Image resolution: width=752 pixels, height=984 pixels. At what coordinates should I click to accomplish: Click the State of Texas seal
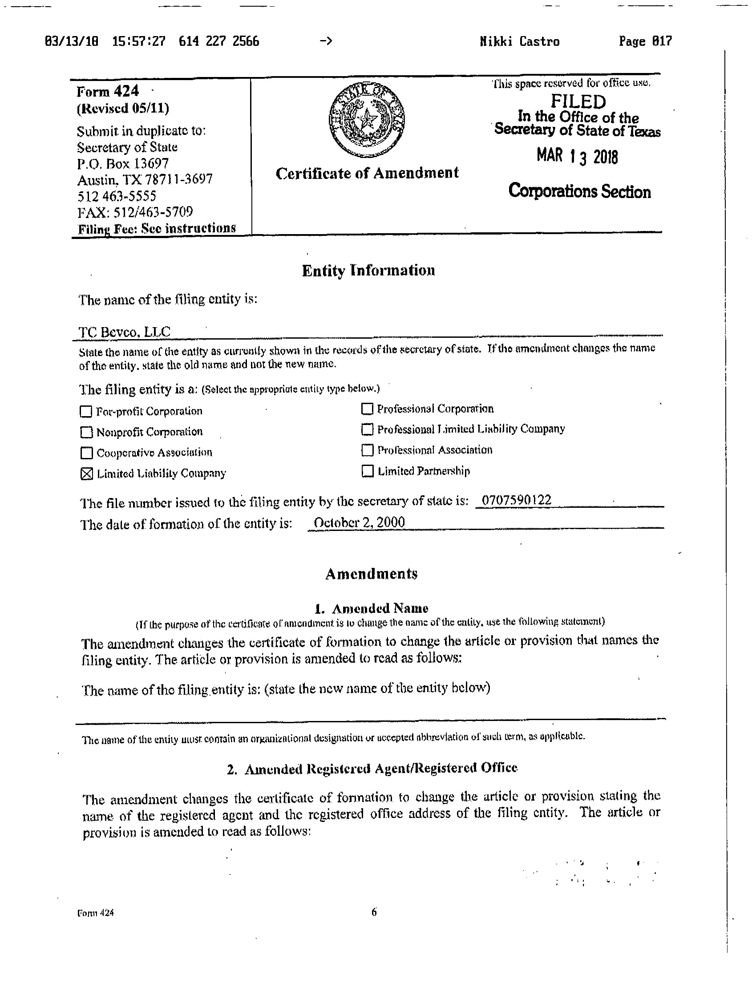pos(367,120)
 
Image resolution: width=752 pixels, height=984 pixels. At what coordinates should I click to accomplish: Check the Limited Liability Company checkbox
pos(86,474)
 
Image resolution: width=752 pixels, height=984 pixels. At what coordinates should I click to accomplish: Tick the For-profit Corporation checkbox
pos(85,411)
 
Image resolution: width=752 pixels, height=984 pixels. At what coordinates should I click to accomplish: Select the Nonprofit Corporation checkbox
pos(86,432)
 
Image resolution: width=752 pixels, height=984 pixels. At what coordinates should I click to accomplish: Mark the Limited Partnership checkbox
pos(368,471)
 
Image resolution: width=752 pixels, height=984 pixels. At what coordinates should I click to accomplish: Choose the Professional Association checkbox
pos(367,450)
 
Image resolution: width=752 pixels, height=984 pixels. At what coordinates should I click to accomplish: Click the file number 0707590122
pos(514,500)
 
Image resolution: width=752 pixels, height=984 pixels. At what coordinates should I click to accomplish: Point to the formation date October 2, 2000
pos(360,522)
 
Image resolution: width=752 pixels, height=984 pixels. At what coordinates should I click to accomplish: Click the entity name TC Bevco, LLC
pos(125,332)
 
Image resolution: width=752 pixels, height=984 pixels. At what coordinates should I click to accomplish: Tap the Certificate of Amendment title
pos(367,173)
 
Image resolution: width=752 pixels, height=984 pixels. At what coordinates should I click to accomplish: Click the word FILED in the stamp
pos(578,101)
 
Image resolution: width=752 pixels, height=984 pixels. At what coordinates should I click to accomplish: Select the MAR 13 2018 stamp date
pos(578,157)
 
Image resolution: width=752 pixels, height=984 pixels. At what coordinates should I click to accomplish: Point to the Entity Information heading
pos(368,271)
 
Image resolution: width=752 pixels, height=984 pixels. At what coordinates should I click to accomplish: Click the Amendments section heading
pos(371,574)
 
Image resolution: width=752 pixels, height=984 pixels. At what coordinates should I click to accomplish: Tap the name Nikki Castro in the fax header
pos(520,42)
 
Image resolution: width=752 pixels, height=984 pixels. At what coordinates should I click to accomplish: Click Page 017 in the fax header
pos(645,42)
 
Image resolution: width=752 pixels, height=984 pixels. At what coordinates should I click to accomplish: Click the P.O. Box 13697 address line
pos(123,163)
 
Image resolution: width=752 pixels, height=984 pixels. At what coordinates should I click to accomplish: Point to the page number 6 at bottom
pos(374,912)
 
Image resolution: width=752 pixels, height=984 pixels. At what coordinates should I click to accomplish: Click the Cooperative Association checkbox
pos(86,453)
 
